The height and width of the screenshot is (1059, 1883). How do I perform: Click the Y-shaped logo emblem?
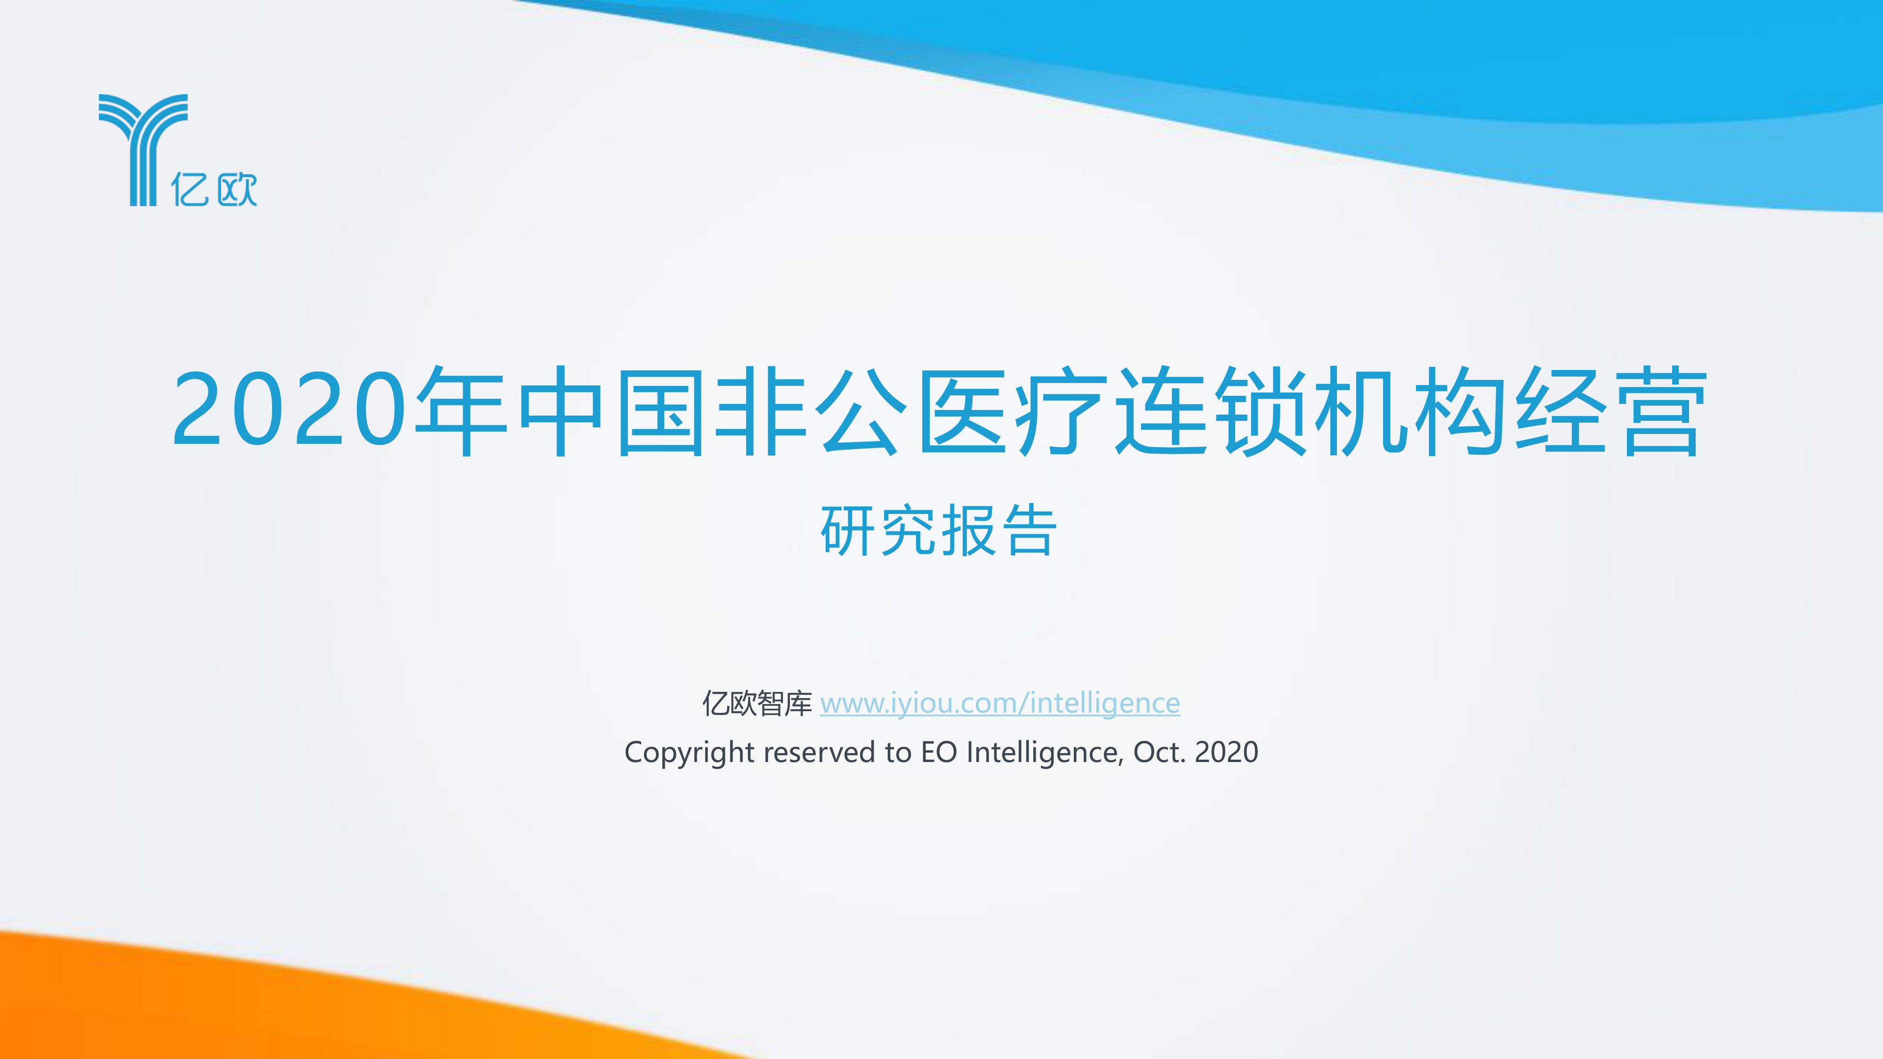click(x=143, y=150)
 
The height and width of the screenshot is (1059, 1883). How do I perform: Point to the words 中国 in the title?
click(x=611, y=411)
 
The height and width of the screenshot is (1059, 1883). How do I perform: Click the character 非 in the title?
click(x=760, y=411)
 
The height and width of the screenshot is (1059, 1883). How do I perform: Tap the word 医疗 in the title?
click(x=1013, y=411)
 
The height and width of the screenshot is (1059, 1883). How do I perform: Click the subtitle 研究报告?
click(x=939, y=530)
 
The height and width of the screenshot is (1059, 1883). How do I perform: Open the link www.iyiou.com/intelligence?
click(x=1000, y=703)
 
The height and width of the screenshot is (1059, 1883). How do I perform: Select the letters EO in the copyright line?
click(x=939, y=753)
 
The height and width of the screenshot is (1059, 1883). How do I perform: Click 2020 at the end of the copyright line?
click(x=1227, y=753)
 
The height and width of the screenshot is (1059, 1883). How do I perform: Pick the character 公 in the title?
click(x=861, y=411)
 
